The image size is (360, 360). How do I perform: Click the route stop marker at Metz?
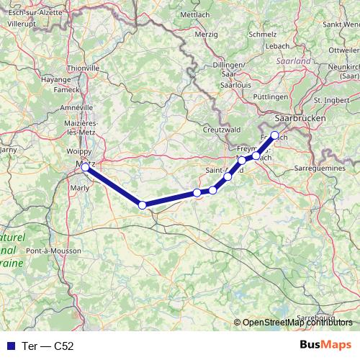pos(85,167)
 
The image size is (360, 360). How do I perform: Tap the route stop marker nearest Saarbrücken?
pos(274,135)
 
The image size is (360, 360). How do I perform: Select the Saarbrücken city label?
pos(301,117)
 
